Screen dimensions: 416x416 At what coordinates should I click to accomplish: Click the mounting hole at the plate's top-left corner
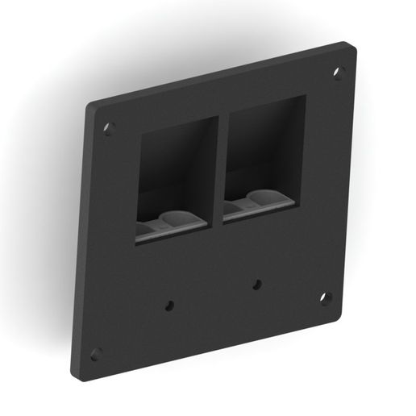[x=109, y=128]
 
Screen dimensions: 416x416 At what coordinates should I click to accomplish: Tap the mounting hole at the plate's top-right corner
[x=339, y=72]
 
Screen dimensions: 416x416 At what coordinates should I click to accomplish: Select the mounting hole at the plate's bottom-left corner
[x=96, y=353]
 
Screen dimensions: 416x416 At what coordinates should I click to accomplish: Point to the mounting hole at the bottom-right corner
[x=325, y=297]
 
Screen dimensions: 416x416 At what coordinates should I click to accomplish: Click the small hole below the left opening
[x=169, y=305]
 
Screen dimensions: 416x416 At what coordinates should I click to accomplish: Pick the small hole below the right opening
[x=256, y=284]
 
